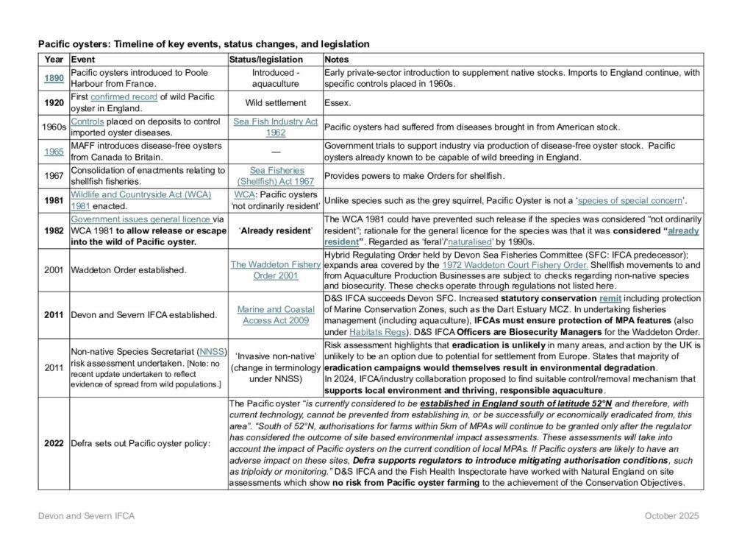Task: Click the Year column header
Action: point(54,59)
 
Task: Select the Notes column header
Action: point(337,59)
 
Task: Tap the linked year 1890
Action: point(54,78)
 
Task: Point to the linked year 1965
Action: point(54,151)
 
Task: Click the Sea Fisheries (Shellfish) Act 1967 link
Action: point(275,175)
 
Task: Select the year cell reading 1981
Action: point(54,200)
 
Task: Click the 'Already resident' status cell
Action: point(275,230)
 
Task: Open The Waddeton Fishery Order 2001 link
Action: point(275,269)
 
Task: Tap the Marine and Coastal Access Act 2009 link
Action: point(275,314)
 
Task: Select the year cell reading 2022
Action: point(54,443)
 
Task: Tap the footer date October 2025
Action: point(671,516)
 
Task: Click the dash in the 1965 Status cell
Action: point(275,151)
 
